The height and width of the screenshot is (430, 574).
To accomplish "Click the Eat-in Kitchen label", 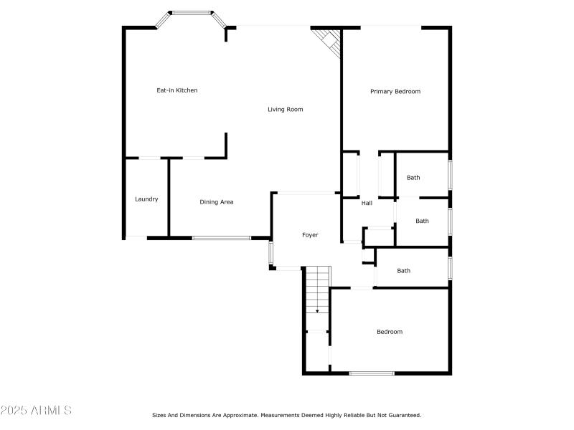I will [x=177, y=90].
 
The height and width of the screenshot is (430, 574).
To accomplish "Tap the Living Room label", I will [x=286, y=110].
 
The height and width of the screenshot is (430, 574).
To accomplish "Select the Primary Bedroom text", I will [x=395, y=92].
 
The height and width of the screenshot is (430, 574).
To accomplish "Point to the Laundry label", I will [x=146, y=199].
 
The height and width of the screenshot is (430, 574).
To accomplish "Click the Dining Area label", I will [x=216, y=202].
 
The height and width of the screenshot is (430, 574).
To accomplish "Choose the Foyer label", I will [x=310, y=235].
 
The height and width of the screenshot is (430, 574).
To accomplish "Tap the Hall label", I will [x=367, y=204].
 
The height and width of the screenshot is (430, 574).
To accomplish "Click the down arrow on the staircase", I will [x=317, y=311].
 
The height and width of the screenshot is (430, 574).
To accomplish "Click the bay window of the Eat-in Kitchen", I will [x=192, y=12].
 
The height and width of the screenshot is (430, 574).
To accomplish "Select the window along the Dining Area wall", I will [x=221, y=237].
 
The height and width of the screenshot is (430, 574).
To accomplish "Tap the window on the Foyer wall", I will [x=271, y=253].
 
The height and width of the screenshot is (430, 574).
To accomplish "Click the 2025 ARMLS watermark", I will [x=36, y=411].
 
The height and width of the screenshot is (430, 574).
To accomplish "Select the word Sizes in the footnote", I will [x=159, y=415].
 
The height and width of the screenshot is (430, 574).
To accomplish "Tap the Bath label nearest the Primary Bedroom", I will [x=413, y=178].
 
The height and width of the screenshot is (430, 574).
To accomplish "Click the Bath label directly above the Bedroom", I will [x=404, y=271].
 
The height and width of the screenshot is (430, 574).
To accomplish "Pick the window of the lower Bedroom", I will [x=371, y=373].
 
